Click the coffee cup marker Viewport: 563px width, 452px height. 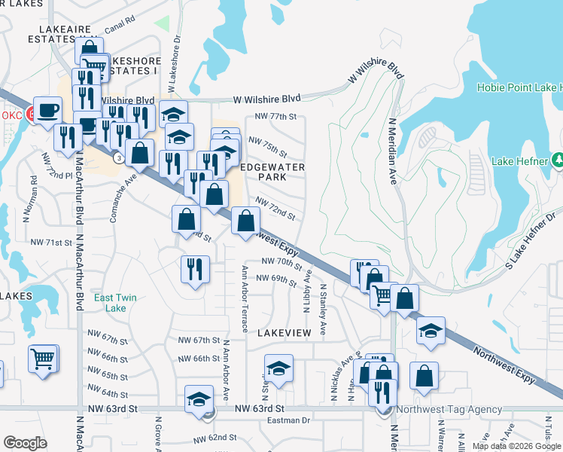(47, 110)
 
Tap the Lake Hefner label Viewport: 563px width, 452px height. (522, 160)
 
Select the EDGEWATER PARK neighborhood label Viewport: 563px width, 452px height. (263, 170)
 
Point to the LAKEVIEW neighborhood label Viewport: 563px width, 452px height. (284, 331)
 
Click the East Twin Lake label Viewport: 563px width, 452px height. (115, 303)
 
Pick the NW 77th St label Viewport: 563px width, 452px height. (276, 117)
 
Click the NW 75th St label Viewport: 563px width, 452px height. (268, 146)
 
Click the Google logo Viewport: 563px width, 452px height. (25, 443)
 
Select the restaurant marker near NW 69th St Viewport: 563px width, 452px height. (195, 270)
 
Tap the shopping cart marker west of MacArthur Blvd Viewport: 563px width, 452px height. (43, 357)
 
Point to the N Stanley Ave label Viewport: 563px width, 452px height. (323, 309)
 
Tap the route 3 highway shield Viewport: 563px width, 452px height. (119, 157)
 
